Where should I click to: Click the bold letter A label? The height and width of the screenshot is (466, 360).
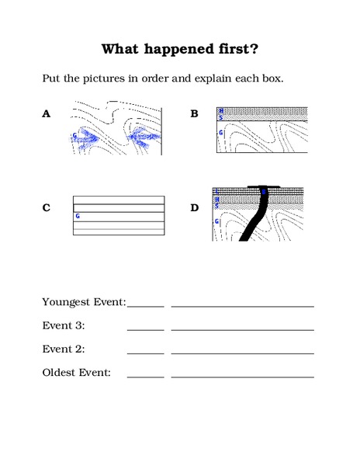click(47, 114)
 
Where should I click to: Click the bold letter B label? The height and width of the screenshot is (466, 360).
click(195, 114)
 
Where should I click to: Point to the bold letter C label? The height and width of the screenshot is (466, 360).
click(47, 207)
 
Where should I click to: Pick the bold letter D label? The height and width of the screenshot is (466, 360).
click(195, 207)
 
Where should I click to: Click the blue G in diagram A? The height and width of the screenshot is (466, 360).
click(75, 135)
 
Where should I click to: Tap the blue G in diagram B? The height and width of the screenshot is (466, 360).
click(221, 133)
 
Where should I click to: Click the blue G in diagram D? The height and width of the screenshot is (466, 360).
click(216, 222)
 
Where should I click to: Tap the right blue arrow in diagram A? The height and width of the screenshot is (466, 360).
click(144, 138)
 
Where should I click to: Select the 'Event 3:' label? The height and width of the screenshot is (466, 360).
click(64, 325)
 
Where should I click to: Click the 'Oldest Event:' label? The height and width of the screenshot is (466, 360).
click(76, 373)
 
